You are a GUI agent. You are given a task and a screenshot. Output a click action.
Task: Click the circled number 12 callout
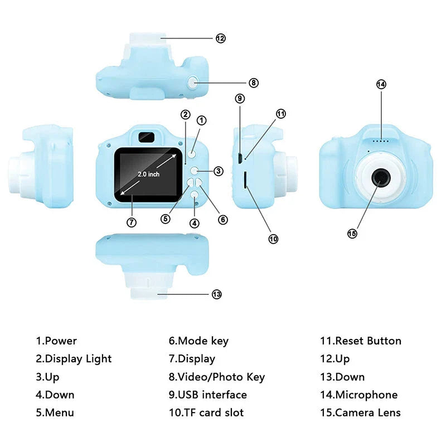(221, 38)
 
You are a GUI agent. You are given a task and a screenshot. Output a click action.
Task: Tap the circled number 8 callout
(254, 83)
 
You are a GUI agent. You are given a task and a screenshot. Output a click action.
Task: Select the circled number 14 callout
(381, 84)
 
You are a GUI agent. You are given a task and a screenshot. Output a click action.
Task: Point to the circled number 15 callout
(352, 234)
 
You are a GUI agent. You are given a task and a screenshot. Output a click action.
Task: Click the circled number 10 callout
(273, 239)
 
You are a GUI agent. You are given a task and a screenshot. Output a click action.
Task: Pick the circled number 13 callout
(217, 294)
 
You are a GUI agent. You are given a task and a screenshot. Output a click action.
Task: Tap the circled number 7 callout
(132, 222)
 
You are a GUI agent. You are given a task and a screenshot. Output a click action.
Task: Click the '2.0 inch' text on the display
(149, 174)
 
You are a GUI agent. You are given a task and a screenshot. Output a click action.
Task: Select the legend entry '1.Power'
(56, 341)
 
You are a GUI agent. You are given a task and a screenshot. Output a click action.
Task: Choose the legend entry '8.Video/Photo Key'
(216, 377)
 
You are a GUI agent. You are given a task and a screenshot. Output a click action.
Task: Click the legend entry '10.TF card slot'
(206, 413)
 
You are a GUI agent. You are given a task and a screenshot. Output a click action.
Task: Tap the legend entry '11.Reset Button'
(360, 341)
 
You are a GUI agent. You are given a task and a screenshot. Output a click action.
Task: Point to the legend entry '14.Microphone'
(358, 395)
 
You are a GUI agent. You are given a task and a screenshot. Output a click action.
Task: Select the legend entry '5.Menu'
(55, 413)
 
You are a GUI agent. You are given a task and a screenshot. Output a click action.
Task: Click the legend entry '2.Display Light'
(74, 358)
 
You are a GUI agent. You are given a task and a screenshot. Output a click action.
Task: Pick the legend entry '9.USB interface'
(207, 395)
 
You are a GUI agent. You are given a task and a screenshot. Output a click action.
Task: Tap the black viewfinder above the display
(146, 135)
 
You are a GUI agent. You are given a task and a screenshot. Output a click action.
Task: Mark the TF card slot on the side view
(245, 179)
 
